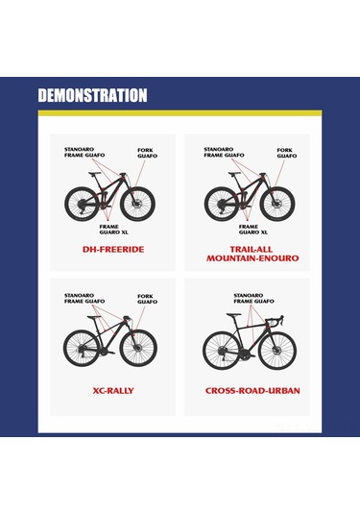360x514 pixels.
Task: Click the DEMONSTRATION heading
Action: coord(92,95)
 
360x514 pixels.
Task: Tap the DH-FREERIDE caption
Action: coord(113,250)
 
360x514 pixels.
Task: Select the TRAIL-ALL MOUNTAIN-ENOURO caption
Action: coord(252,254)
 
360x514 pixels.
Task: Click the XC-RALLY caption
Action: coord(113,391)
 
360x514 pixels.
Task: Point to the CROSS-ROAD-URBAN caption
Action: coord(252,391)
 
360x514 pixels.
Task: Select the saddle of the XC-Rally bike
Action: coord(94,317)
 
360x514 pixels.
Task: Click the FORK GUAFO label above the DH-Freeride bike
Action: coord(148,153)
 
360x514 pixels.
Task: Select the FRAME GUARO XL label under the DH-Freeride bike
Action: coord(113,230)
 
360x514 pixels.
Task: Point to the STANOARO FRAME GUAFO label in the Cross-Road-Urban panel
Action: coord(253,298)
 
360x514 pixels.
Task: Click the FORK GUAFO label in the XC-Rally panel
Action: coord(148,299)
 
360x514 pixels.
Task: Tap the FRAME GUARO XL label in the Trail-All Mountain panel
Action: coord(252,230)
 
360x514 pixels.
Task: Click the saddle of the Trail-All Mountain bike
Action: coord(234,174)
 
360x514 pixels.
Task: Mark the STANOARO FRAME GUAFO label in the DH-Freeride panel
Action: coord(84,152)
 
